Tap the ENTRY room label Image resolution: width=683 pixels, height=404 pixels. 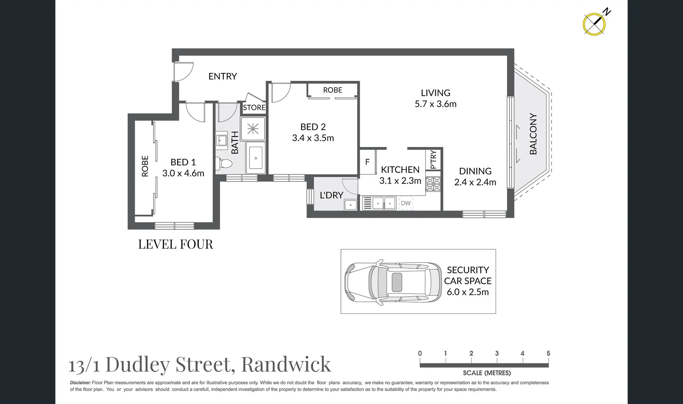[x=223, y=76]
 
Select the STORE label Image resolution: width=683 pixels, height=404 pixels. [x=254, y=108]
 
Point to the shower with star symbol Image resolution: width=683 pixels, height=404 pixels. [x=253, y=129]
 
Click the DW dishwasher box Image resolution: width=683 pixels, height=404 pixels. [x=406, y=203]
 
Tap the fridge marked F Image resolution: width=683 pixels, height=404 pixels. [x=368, y=162]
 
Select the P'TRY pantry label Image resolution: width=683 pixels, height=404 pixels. [x=433, y=160]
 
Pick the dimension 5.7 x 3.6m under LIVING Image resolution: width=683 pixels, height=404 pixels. [x=435, y=104]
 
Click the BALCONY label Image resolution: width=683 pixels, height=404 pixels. [x=533, y=134]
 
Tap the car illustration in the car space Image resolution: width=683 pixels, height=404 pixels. [x=393, y=282]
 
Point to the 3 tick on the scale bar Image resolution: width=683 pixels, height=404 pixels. [x=497, y=353]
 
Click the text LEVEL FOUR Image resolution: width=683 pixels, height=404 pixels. [x=175, y=244]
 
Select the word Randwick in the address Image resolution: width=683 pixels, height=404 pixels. [x=286, y=364]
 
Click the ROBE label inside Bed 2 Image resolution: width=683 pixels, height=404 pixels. [x=332, y=90]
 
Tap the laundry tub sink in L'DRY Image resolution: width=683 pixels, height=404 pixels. [x=351, y=205]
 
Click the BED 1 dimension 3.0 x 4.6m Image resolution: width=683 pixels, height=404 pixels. [x=183, y=173]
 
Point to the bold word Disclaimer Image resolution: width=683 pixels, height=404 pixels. [x=80, y=383]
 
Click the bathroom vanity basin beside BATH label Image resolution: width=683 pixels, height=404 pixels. [x=221, y=140]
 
